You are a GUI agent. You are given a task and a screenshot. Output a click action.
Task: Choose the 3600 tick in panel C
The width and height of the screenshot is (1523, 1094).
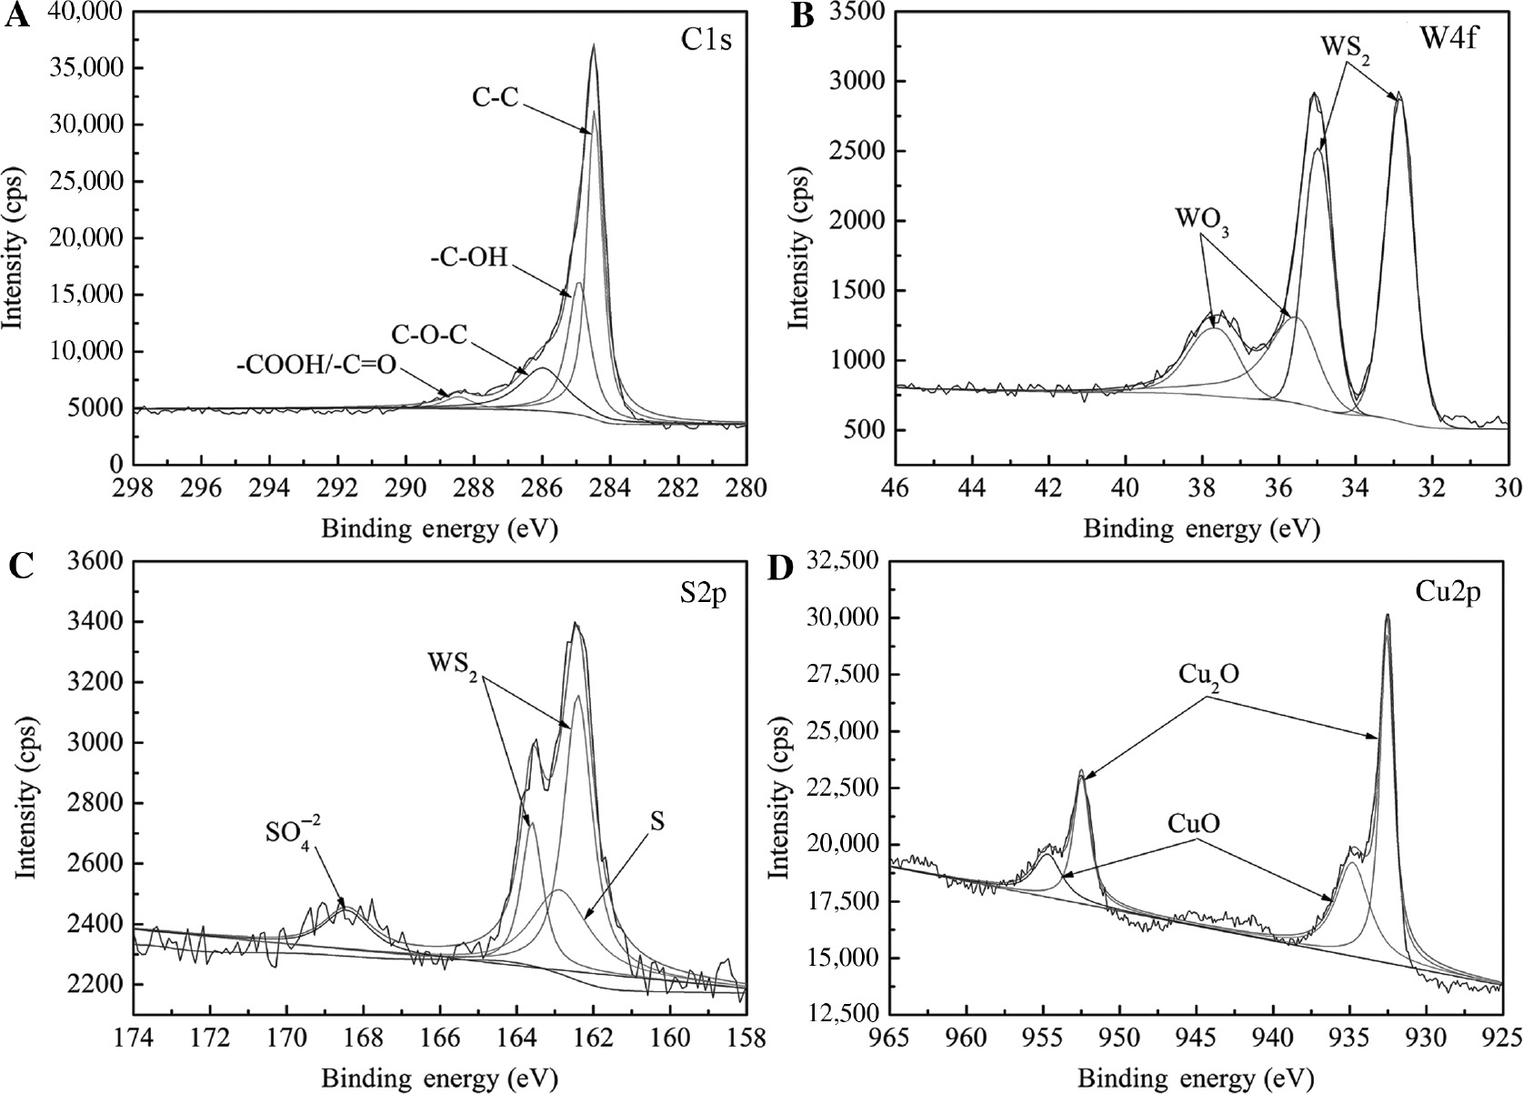pos(95,562)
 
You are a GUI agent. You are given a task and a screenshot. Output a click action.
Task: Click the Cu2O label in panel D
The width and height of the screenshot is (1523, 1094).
pos(1210,675)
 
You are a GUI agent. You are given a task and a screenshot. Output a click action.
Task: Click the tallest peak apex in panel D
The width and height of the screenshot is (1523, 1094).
pos(1387,616)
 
